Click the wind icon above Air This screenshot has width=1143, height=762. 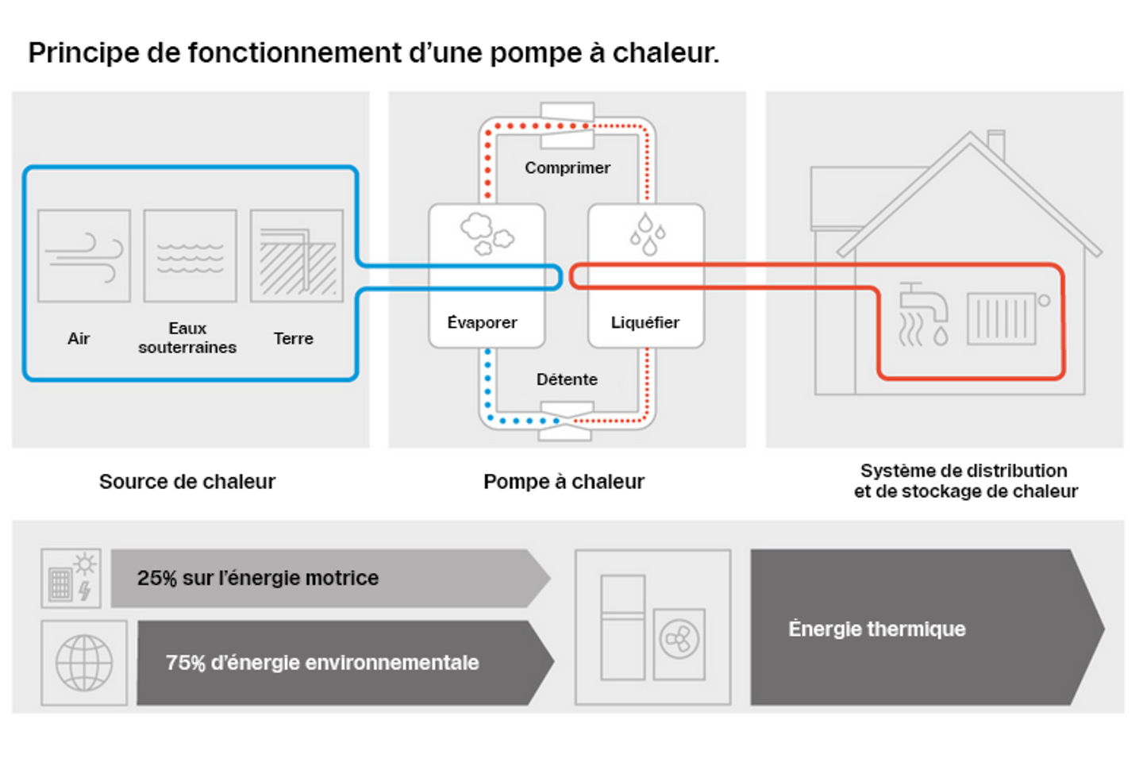84,256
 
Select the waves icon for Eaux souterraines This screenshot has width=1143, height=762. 190,256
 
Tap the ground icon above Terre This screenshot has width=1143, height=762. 297,256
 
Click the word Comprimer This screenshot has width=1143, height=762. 567,167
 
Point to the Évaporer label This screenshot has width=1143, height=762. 482,322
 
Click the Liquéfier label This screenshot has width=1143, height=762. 645,322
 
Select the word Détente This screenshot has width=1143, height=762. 567,379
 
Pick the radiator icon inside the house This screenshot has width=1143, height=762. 1002,318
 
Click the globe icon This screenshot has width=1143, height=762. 84,663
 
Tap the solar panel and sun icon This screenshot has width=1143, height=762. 71,578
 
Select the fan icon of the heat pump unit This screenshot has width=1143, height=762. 679,640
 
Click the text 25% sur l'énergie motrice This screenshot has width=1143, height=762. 257,578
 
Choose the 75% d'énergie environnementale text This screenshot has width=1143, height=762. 321,663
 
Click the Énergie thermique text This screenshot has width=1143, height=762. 876,629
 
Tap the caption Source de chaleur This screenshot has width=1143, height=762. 187,481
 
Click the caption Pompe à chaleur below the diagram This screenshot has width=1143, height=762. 564,481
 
